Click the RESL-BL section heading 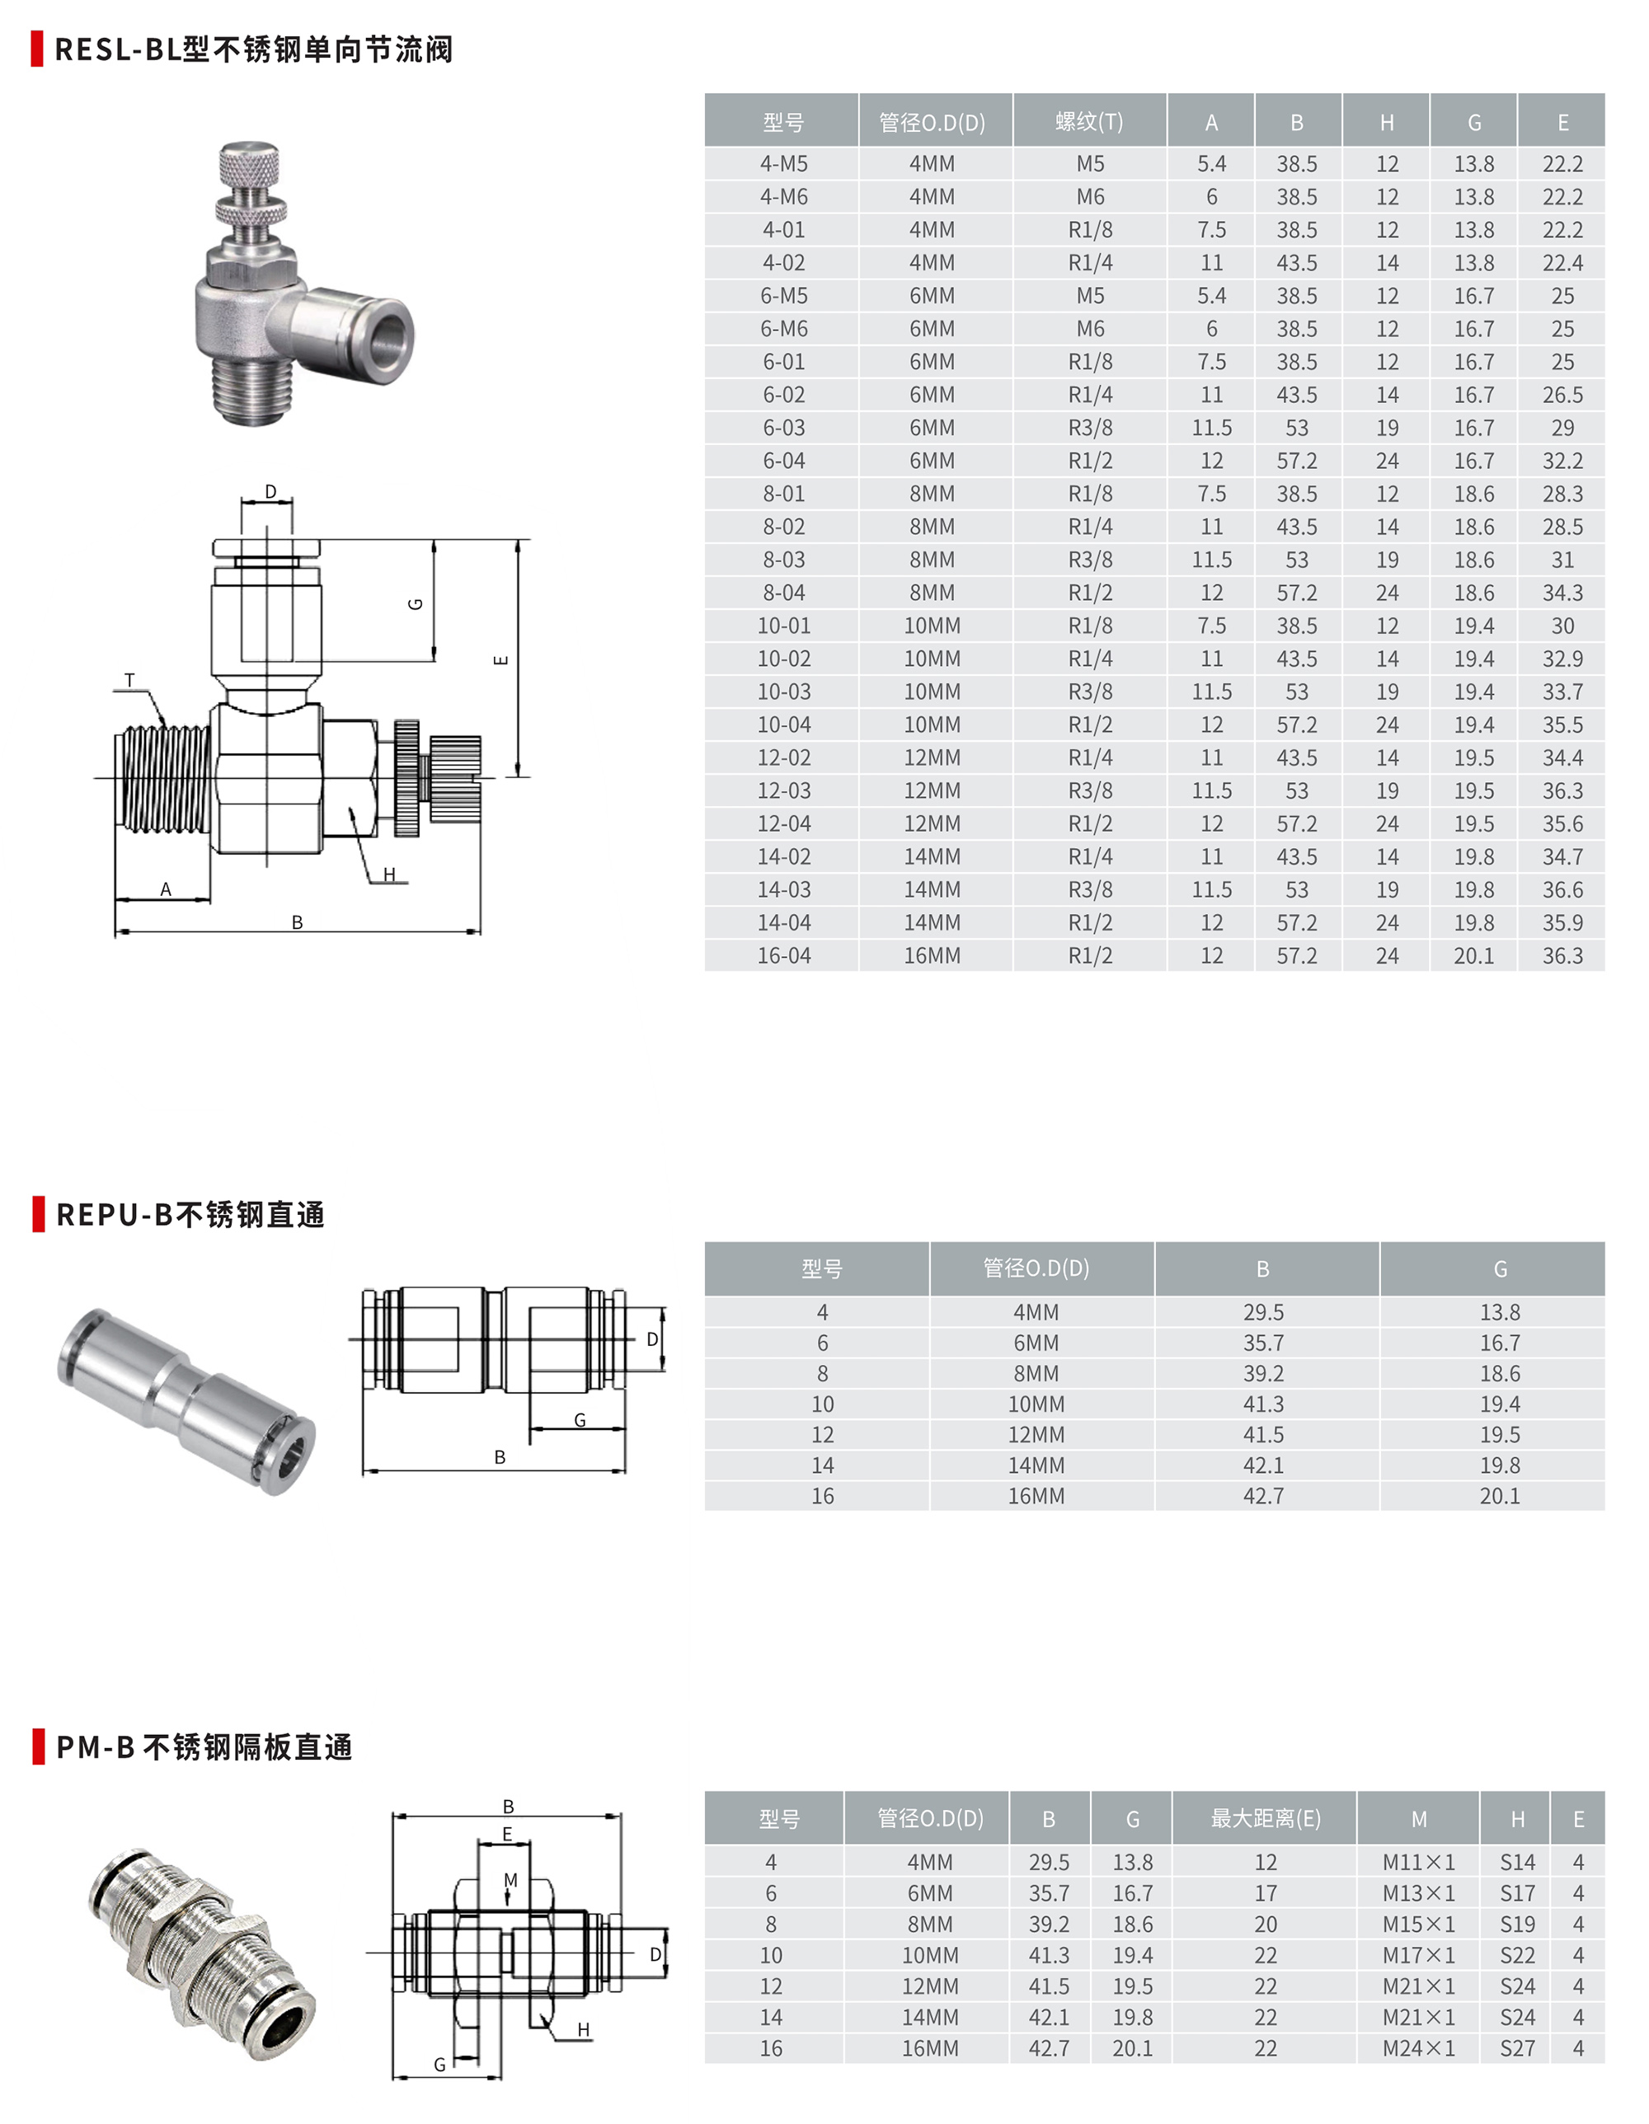(253, 49)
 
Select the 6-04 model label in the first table (783, 461)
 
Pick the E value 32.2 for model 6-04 (1562, 461)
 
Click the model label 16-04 (783, 956)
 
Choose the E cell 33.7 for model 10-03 (1562, 692)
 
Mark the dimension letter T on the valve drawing (129, 681)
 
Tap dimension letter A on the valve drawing (166, 889)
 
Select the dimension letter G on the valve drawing (416, 604)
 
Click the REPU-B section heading (190, 1215)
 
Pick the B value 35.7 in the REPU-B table (1263, 1343)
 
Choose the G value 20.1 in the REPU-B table (1499, 1496)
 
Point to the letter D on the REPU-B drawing (652, 1339)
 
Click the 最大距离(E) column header (1265, 1818)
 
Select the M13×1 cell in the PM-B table (1418, 1893)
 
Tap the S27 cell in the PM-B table (1517, 2048)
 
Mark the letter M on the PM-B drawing (510, 1880)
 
